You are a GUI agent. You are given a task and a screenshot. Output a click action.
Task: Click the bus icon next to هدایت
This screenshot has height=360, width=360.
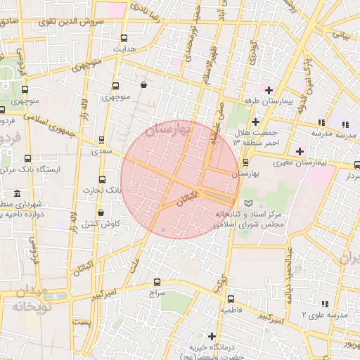tap(124, 39)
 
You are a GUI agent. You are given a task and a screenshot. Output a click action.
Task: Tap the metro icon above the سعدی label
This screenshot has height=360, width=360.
tap(102, 140)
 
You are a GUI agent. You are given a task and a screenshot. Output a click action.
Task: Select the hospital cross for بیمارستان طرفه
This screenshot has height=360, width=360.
tap(268, 89)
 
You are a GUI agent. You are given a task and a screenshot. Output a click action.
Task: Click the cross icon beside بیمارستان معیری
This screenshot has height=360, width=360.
tap(300, 151)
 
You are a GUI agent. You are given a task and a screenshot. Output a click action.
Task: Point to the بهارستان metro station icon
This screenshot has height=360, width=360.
tap(245, 161)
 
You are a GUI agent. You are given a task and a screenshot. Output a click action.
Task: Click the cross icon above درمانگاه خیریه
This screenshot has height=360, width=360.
tap(211, 336)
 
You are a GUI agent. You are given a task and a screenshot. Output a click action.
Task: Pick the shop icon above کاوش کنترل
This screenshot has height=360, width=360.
tap(101, 212)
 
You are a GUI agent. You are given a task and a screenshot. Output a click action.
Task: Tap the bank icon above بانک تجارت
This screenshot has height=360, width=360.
tap(103, 179)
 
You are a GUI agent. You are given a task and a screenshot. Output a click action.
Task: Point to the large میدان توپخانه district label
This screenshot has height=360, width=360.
tap(28, 300)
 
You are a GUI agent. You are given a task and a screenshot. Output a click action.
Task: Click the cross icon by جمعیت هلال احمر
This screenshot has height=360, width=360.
tap(255, 122)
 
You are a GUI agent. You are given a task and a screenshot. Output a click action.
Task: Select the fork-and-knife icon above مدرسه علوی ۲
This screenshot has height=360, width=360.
tap(324, 303)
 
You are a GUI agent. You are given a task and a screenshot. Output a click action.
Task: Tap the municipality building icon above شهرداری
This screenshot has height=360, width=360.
tap(17, 193)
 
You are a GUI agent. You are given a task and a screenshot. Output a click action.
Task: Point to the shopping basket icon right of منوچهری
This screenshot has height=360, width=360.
tap(143, 85)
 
